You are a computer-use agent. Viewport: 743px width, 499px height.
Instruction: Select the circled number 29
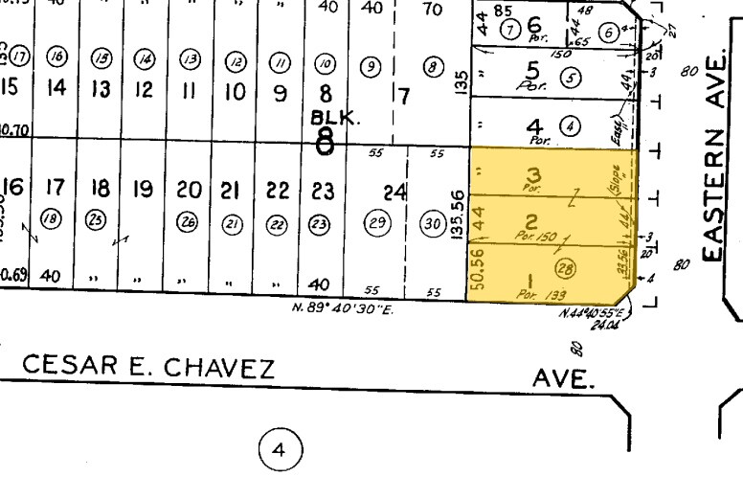tap(376, 224)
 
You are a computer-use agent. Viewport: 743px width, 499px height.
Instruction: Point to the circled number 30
tap(433, 224)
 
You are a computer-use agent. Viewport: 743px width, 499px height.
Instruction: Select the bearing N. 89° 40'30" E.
tap(343, 308)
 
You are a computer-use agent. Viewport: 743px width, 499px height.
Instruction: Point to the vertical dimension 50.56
tap(476, 270)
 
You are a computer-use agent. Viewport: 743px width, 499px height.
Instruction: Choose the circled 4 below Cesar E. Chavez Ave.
tap(280, 448)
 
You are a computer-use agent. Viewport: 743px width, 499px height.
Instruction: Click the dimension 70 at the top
tap(432, 10)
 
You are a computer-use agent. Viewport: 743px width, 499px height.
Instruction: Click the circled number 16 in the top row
tap(57, 58)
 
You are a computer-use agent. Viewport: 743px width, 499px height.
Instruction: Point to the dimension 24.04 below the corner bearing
tap(604, 326)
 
